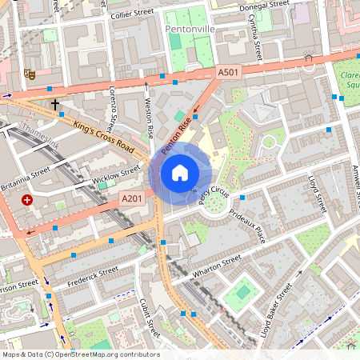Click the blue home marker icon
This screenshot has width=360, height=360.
pyautogui.click(x=180, y=173)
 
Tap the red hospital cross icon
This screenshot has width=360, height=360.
pyautogui.click(x=28, y=199)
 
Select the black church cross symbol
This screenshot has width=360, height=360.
pyautogui.click(x=55, y=104)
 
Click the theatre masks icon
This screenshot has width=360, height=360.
pyautogui.click(x=30, y=73)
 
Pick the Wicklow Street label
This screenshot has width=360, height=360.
pyautogui.click(x=115, y=175)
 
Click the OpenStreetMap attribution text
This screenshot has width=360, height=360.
pyautogui.click(x=80, y=354)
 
